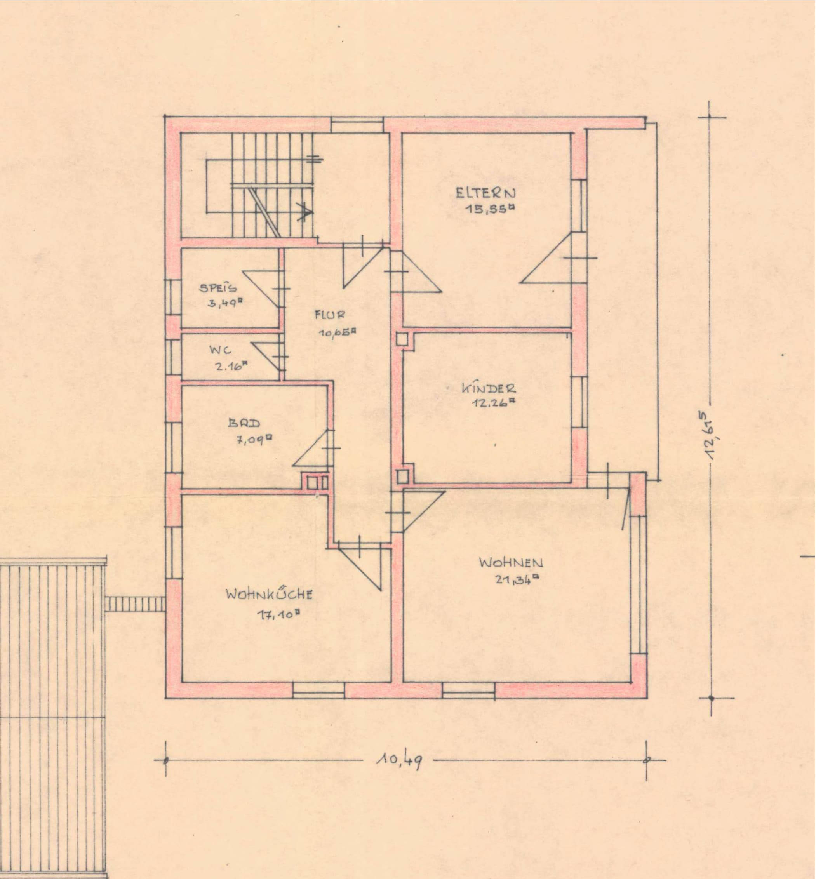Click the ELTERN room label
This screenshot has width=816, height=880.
tap(486, 193)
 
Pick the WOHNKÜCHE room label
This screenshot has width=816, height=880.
tap(270, 594)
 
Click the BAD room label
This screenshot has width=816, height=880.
tap(244, 423)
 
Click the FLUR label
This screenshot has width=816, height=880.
tap(330, 315)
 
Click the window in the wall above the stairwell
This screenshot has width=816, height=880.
tap(357, 125)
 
